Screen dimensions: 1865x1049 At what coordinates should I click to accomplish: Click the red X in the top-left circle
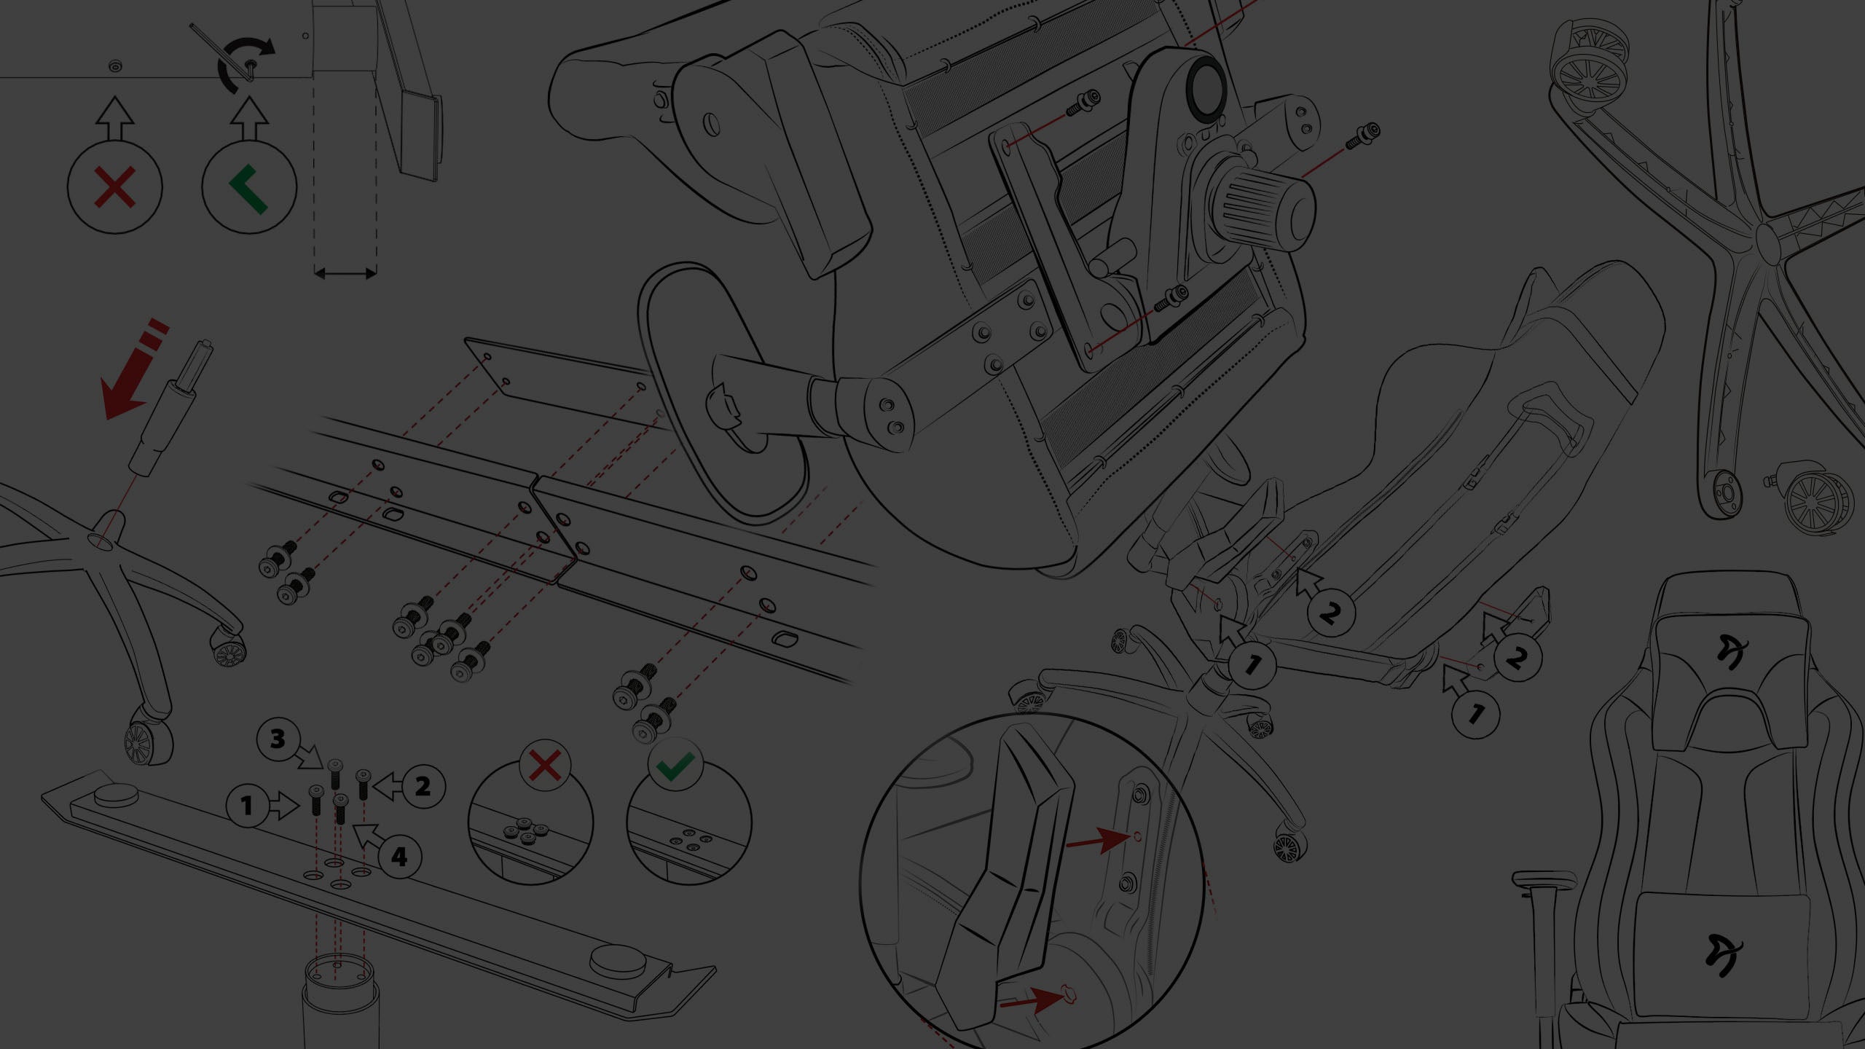[114, 186]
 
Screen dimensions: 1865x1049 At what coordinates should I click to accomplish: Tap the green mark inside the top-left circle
[248, 188]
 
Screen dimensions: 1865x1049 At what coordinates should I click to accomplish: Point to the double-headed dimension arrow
[345, 274]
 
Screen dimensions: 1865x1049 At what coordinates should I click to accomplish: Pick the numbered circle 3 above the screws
[278, 739]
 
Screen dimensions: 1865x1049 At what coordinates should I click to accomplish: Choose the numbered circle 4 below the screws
[399, 856]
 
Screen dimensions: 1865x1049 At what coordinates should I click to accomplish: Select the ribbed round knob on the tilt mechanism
[1264, 205]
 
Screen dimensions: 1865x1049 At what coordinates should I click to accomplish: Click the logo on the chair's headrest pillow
[1732, 652]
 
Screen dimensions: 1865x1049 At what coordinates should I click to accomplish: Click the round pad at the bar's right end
[618, 961]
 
